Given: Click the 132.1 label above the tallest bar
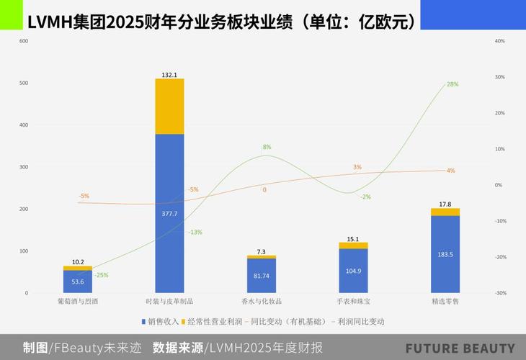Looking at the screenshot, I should (169, 74).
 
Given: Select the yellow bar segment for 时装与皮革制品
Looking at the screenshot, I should (169, 107).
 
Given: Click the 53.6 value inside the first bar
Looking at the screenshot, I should (78, 282).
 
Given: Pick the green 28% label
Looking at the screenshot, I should (453, 84).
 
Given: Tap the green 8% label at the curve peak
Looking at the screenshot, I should (267, 147).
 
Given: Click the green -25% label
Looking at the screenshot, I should (101, 275).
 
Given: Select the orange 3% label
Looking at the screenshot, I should (357, 167).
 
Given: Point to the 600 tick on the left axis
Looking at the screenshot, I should (24, 41).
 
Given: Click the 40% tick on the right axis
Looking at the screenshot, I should (499, 41).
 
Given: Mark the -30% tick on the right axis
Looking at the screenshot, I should (499, 293).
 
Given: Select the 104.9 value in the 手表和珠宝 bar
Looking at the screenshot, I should (353, 271).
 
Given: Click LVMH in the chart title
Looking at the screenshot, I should (50, 22).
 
